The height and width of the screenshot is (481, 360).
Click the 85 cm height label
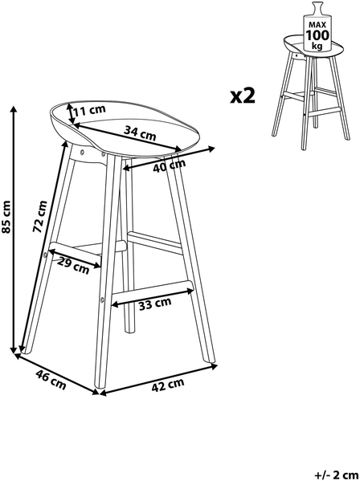(x=6, y=217)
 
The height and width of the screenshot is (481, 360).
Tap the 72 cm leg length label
(x=40, y=216)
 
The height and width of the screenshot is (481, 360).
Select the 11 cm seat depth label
(x=89, y=110)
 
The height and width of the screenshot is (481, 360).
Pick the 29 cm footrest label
(x=74, y=266)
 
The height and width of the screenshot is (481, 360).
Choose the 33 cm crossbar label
(x=155, y=304)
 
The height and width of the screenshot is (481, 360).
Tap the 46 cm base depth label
(x=51, y=380)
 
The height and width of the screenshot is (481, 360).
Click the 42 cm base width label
(x=168, y=385)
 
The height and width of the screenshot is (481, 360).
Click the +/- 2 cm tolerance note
(x=337, y=475)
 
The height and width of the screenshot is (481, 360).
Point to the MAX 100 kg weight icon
(x=317, y=26)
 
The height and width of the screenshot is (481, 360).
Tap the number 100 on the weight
(x=317, y=35)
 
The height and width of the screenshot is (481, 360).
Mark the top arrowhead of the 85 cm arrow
(x=13, y=109)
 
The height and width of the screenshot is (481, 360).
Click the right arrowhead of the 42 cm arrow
(x=214, y=366)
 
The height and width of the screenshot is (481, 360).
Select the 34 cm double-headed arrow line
(x=127, y=137)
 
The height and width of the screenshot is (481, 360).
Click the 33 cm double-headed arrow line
(x=153, y=297)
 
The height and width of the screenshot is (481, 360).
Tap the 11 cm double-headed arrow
(x=70, y=114)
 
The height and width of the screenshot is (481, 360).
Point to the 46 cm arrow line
(x=57, y=374)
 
